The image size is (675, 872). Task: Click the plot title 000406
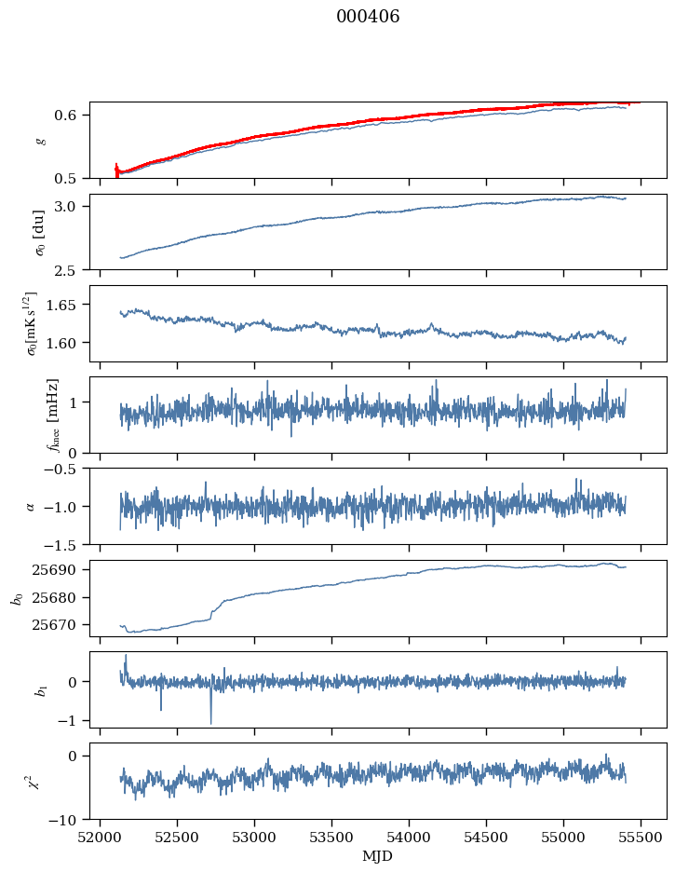368,17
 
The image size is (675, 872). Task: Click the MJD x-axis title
377,856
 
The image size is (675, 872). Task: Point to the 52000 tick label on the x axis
100,838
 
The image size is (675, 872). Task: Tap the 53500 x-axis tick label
331,838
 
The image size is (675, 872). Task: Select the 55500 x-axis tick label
641,838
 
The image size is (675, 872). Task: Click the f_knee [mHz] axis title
52,416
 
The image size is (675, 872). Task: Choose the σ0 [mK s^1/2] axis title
33,323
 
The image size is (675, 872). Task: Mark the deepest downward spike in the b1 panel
211,722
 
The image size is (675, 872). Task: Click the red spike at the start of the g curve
116,170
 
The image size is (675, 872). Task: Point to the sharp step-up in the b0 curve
211,612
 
